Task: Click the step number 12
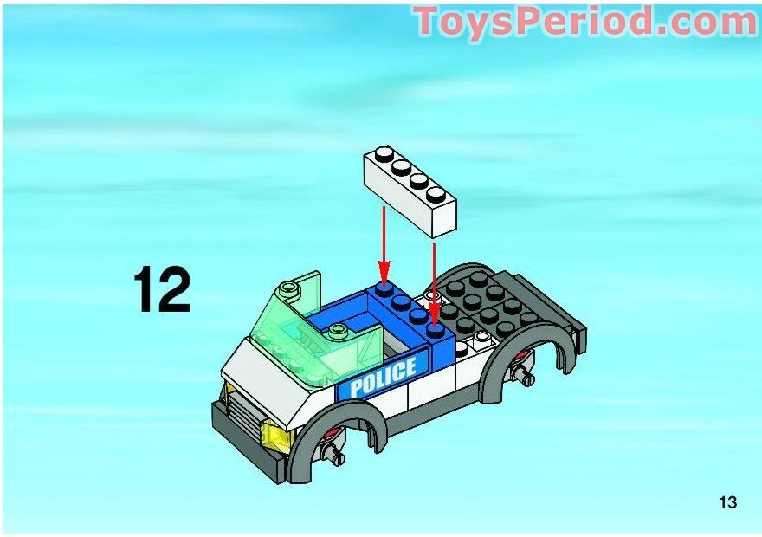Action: [x=161, y=291]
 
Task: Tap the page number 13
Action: [x=727, y=502]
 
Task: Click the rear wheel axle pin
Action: [x=525, y=373]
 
